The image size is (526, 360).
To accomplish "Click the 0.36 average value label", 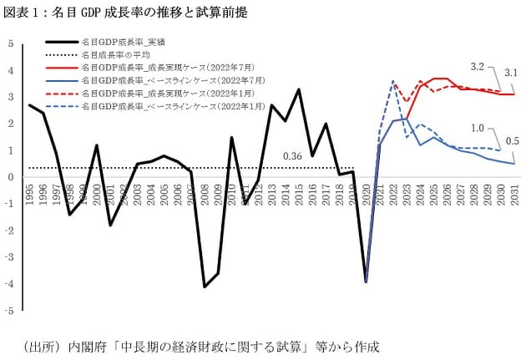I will pos(292,156).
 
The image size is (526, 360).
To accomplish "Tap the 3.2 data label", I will pos(478,65).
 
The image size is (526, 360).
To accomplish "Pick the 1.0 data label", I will pos(478,128).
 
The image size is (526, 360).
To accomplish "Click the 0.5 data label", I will pos(511,139).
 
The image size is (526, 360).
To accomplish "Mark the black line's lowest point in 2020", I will pos(366,281).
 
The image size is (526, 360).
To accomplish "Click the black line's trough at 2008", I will pos(205,286).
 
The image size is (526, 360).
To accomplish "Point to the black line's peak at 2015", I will pos(299,89).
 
